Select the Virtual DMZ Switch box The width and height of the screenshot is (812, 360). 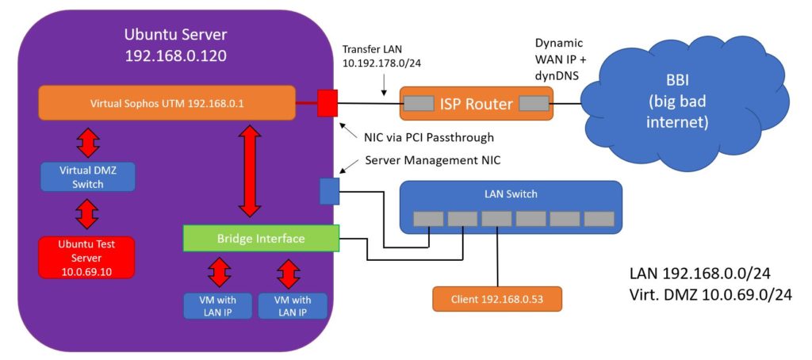87,177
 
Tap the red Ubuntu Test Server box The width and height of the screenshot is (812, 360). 87,256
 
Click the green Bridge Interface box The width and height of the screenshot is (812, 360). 261,238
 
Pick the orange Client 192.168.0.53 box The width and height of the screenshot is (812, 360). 497,299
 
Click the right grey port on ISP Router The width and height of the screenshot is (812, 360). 534,104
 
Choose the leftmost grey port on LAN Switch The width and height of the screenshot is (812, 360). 427,218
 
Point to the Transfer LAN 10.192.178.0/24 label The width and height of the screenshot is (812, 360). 381,56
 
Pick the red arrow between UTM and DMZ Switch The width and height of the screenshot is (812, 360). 87,141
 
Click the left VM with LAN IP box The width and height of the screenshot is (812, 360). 218,306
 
